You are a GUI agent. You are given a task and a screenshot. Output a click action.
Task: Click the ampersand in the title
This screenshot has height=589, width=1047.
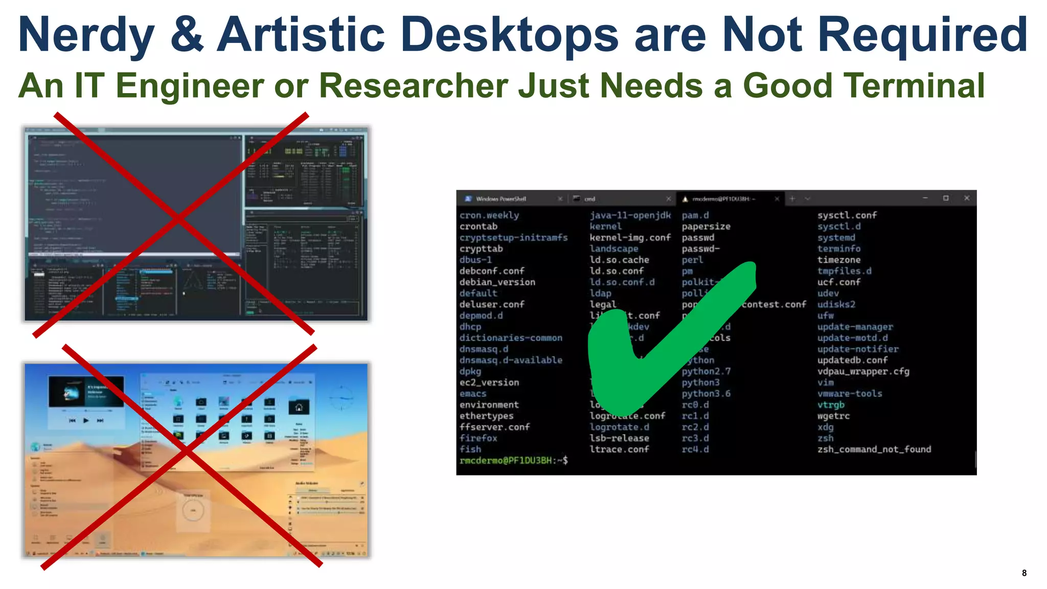click(x=187, y=35)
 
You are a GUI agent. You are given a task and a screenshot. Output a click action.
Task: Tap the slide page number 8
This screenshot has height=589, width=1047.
click(x=1024, y=573)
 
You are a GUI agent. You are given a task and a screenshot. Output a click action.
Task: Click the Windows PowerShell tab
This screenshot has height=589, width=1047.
click(x=500, y=199)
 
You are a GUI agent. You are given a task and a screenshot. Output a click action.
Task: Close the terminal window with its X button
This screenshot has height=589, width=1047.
click(x=966, y=198)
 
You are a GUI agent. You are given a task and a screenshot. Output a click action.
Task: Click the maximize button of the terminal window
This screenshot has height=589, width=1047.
click(x=946, y=198)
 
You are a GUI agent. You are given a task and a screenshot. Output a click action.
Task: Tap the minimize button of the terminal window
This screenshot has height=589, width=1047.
click(x=925, y=198)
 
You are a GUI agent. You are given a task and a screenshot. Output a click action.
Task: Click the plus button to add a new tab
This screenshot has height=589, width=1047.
click(x=792, y=198)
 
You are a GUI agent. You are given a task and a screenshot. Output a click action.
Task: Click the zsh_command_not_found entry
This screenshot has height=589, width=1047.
click(x=874, y=449)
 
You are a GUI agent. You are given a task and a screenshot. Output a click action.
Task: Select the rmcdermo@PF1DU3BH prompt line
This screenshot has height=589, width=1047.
click(x=513, y=461)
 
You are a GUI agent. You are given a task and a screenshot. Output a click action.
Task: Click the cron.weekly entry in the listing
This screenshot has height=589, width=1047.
click(x=489, y=215)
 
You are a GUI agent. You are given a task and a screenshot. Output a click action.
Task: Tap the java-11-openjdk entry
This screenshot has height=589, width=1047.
click(x=630, y=215)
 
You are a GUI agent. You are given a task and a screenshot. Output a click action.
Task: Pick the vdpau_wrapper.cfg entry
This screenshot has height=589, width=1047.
click(x=863, y=371)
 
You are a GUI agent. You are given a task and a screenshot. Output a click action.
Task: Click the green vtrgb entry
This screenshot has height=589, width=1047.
click(x=831, y=405)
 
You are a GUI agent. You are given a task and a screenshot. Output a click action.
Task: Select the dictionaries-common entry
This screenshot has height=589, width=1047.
click(x=510, y=338)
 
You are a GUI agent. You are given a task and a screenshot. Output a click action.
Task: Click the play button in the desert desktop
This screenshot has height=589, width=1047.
click(x=86, y=420)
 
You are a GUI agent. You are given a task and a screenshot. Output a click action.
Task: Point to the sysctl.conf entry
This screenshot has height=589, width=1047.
click(x=847, y=215)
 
